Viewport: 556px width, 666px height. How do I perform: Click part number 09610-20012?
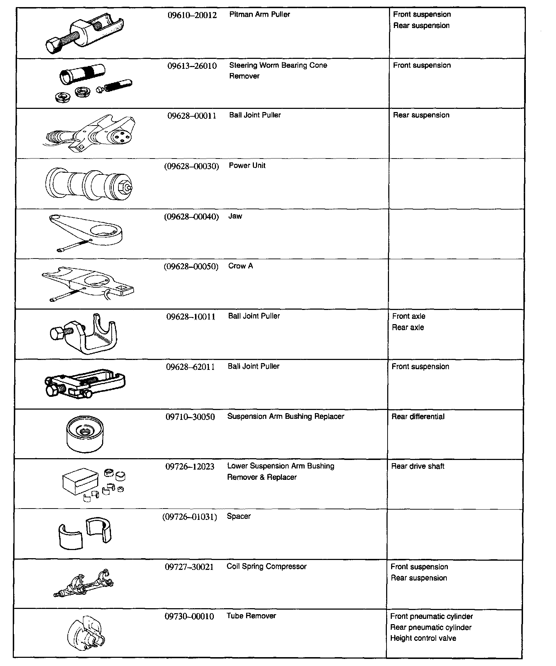[x=192, y=15]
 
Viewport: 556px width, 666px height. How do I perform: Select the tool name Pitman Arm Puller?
[x=260, y=15]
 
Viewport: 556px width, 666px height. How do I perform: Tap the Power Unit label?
[x=247, y=166]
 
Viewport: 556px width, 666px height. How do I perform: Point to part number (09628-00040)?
[x=191, y=216]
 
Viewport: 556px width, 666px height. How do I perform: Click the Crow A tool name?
[x=240, y=266]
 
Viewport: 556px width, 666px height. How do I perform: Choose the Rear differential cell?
[x=418, y=417]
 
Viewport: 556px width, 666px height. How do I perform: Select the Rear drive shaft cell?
[x=417, y=466]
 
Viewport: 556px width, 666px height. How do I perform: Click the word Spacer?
[x=239, y=516]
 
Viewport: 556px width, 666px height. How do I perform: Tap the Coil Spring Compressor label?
[x=266, y=566]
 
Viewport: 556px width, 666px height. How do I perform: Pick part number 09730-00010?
[x=189, y=616]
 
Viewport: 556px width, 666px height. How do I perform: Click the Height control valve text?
[x=423, y=638]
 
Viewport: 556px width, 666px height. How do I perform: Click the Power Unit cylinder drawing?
[x=89, y=184]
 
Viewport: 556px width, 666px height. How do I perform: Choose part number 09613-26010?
[x=192, y=66]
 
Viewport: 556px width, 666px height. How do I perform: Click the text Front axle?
[x=408, y=316]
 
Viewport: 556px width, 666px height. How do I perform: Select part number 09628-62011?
[x=190, y=367]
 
